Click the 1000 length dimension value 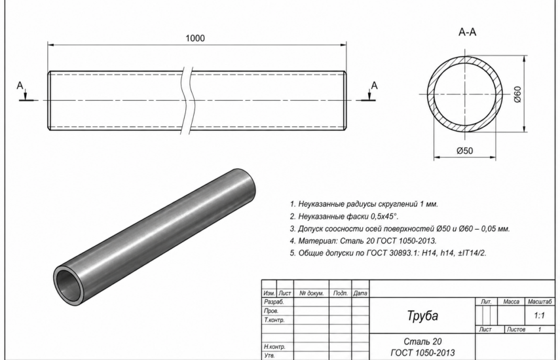tap(195, 38)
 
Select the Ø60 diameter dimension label tap(517, 94)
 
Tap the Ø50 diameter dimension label tap(464, 151)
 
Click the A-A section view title tap(467, 32)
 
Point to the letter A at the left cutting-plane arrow tap(20, 86)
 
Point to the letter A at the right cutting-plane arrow tap(374, 86)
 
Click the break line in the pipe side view tap(187, 100)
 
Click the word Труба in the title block tap(422, 315)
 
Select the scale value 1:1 tap(539, 315)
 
